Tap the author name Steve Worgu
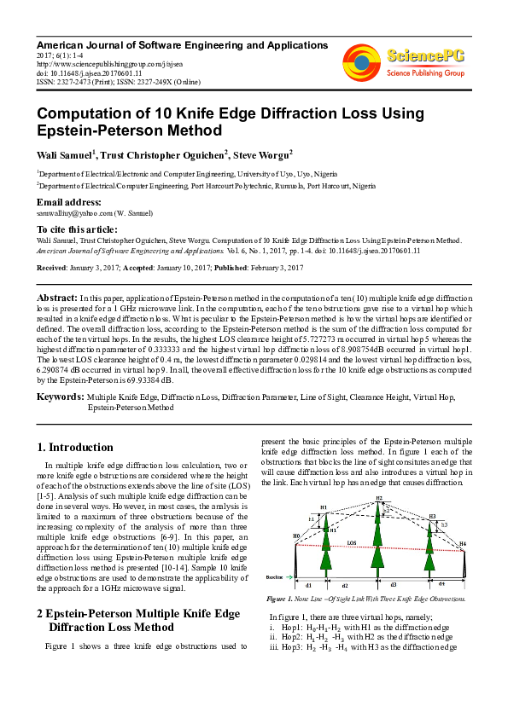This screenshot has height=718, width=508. [266, 154]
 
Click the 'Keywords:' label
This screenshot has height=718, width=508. [60, 397]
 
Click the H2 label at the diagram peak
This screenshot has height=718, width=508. [379, 498]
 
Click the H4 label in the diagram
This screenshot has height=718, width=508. [464, 543]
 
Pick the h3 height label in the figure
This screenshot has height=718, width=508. [443, 524]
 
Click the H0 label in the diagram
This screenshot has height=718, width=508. [296, 536]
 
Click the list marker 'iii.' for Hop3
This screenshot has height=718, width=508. [273, 646]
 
